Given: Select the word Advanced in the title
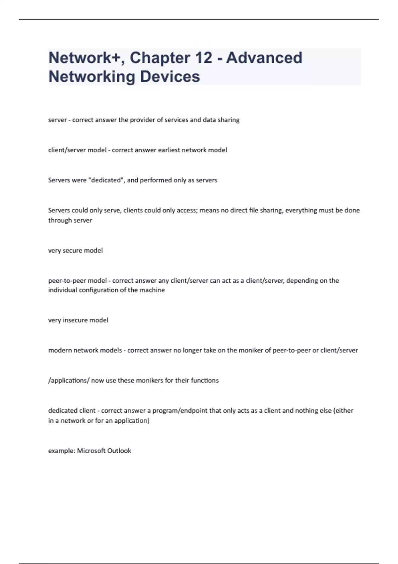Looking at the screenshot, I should pyautogui.click(x=264, y=58).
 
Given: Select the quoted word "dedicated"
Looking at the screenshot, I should pyautogui.click(x=106, y=180).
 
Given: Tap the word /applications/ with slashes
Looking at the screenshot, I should pyautogui.click(x=69, y=381).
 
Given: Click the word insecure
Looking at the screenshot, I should pyautogui.click(x=76, y=320).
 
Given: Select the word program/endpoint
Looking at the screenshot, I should pyautogui.click(x=180, y=411).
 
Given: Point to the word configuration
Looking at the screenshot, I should pyautogui.click(x=99, y=290).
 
